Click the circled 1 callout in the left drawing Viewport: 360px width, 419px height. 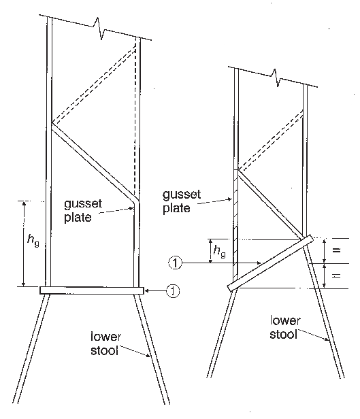coord(174,290)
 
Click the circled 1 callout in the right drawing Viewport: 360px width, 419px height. coord(175,263)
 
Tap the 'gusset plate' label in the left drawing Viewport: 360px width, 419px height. coord(83,211)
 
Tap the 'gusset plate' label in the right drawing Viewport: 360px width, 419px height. coord(182,201)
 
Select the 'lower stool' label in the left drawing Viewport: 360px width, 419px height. coord(106,343)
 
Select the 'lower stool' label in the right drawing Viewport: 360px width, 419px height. coord(285,327)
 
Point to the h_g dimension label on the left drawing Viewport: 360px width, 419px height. coord(33,240)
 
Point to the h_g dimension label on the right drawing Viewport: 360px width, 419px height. coord(219,252)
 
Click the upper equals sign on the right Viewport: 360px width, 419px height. coord(336,250)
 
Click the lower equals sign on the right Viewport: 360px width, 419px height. coord(336,275)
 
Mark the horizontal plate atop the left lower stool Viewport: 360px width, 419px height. coord(92,290)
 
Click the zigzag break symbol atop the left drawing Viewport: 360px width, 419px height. coord(99,28)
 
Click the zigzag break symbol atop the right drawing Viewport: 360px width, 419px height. coord(276,78)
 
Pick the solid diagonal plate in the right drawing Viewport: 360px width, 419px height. coord(270,203)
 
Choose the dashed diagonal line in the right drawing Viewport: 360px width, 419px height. coord(270,140)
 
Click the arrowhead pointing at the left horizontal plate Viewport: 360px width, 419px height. coord(147,290)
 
